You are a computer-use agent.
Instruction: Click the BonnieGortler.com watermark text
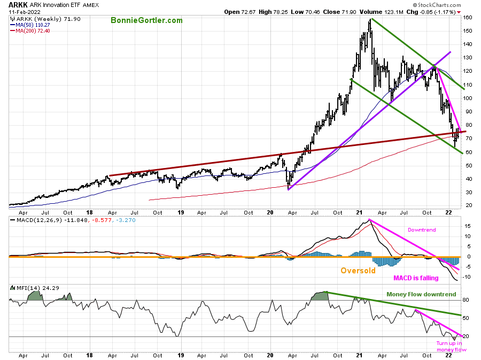click(146, 20)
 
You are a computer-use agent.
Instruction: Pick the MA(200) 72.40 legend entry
click(33, 31)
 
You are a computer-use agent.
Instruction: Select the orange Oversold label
click(358, 270)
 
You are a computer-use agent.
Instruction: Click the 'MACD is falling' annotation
click(416, 278)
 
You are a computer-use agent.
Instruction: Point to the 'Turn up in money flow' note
click(451, 347)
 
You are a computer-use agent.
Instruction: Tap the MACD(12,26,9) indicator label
click(34, 219)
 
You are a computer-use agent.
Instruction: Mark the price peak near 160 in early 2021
click(370, 20)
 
